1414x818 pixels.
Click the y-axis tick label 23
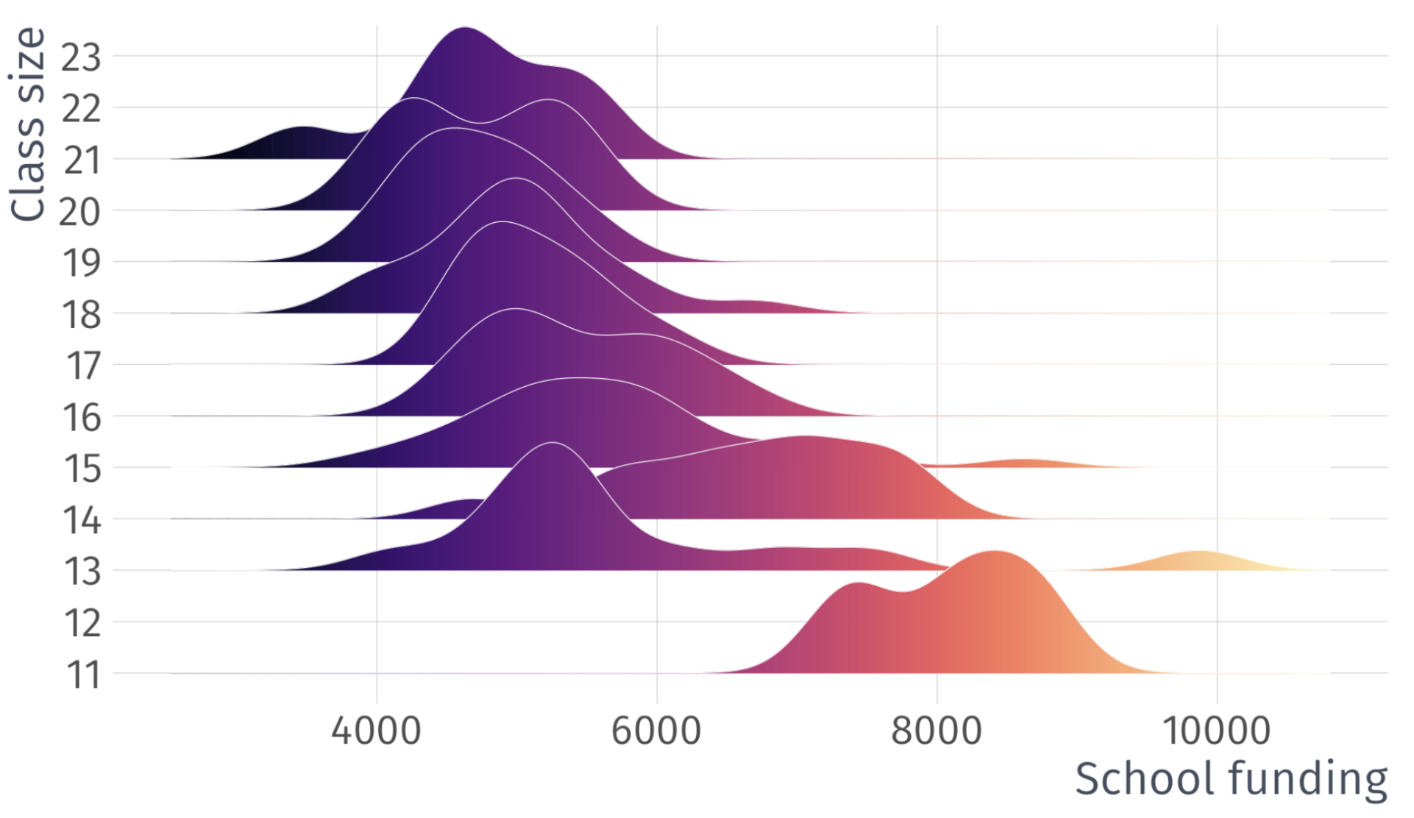80,57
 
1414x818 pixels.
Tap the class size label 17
82,366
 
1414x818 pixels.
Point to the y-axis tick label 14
81,521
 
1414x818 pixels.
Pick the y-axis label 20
79,213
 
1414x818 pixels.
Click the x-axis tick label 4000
376,730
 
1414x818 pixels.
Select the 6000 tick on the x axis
656,730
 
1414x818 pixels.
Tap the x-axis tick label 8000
936,730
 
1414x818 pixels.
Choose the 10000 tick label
1216,730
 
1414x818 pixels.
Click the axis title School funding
1231,779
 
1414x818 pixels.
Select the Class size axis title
28,124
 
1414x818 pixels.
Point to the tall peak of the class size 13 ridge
552,446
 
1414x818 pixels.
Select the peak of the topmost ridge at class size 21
464,31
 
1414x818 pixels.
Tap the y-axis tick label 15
82,469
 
